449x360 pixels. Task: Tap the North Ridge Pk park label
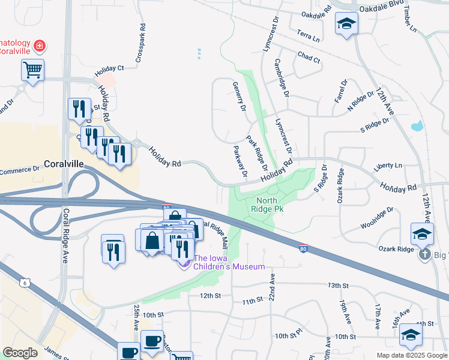tap(270, 205)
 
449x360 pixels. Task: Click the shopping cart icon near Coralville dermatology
tap(33, 70)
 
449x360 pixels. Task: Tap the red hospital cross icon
tap(40, 46)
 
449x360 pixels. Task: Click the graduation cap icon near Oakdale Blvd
tap(346, 25)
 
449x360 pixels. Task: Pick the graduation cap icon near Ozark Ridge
tap(423, 233)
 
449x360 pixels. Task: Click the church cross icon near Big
tap(425, 254)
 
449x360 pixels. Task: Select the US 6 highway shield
tap(25, 283)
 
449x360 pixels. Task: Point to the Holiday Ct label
tap(109, 68)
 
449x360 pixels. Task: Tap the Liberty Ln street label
tap(388, 166)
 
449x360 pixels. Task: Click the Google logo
tap(20, 353)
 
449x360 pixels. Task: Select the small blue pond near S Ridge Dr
tap(417, 127)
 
